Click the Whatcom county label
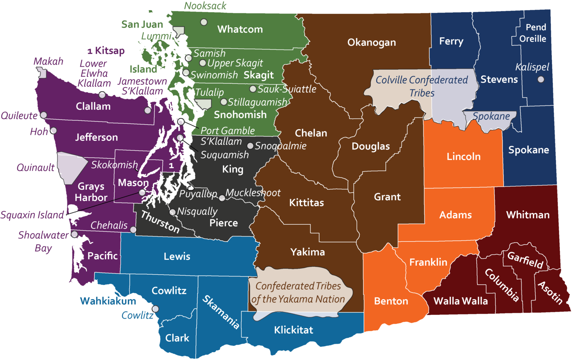(240, 29)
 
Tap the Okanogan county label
(371, 42)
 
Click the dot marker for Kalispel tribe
(541, 79)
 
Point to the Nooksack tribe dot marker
(204, 22)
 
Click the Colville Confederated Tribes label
(422, 86)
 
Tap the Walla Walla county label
(461, 301)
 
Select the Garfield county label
(525, 260)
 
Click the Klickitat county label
(293, 330)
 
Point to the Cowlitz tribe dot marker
(156, 309)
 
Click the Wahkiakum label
(108, 301)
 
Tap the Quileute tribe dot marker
(44, 115)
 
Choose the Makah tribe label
(48, 61)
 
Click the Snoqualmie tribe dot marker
(250, 146)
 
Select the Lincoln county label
(463, 156)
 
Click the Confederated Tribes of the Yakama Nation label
(298, 293)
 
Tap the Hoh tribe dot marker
(54, 130)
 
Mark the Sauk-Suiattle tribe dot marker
(252, 89)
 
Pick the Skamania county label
(221, 312)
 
